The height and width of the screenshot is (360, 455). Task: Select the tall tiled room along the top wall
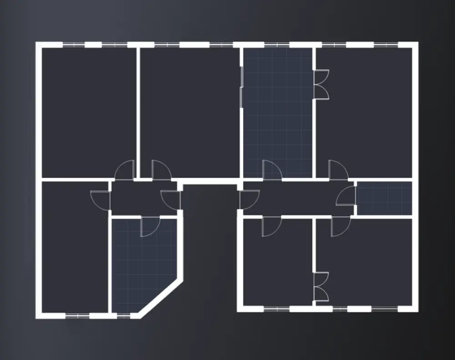click(278, 114)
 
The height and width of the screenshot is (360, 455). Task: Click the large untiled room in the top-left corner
click(89, 112)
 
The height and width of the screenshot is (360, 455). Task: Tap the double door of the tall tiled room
click(321, 84)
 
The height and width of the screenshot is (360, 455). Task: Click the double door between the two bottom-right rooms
click(321, 286)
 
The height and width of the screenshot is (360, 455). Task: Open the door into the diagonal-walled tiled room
click(150, 226)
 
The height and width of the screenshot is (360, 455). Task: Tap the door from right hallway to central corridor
click(248, 199)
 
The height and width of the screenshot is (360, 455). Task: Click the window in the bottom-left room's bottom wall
click(77, 315)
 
